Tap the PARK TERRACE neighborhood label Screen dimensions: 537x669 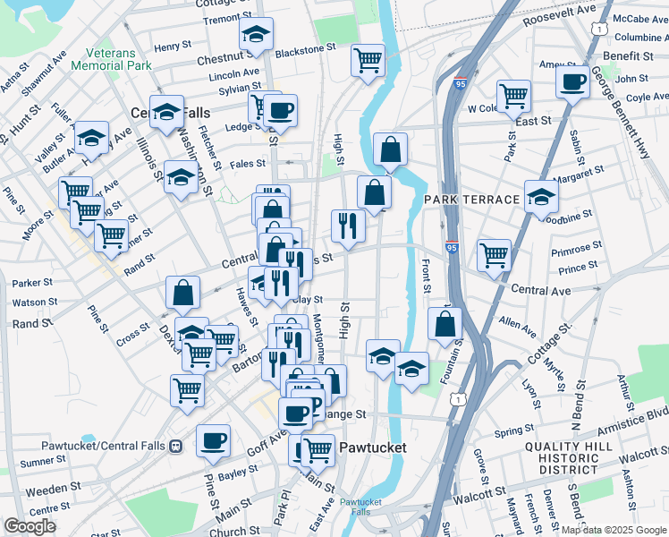click(471, 199)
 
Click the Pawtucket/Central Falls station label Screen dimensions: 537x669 click(104, 446)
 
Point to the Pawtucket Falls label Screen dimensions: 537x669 click(360, 507)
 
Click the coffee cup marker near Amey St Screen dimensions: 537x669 click(572, 82)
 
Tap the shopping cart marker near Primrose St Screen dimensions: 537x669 click(494, 254)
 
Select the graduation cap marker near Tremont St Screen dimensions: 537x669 click(256, 36)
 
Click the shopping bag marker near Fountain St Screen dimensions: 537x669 click(445, 324)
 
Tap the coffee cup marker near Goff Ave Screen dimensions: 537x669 click(213, 439)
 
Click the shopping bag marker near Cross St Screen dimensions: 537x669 click(182, 291)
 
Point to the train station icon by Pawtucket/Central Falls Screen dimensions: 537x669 click(176, 446)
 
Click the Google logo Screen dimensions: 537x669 click(30, 526)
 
